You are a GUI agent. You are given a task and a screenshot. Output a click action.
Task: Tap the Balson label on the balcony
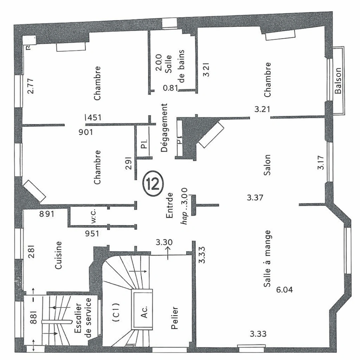click(339, 81)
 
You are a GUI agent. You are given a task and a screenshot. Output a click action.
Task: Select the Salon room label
click(268, 162)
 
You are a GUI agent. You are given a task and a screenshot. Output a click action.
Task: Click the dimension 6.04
click(285, 289)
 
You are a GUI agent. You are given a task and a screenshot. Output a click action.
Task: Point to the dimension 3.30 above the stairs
click(165, 242)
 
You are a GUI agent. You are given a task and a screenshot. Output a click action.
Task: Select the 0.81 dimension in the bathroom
click(171, 88)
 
